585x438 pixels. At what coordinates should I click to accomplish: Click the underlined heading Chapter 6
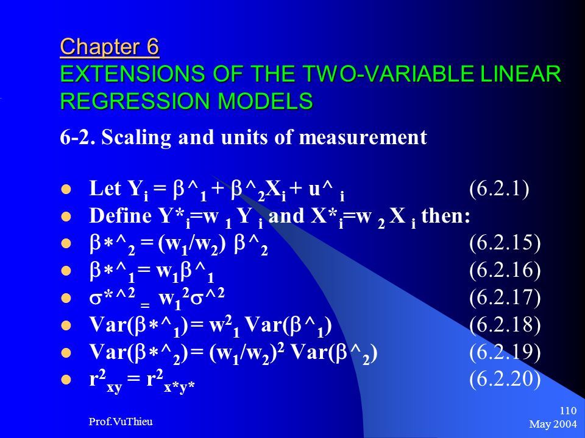[x=110, y=47]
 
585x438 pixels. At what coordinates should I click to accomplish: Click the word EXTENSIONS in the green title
[x=132, y=74]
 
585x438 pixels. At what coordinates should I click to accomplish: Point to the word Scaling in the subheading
[x=136, y=138]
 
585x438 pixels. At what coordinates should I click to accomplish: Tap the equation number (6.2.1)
[x=499, y=189]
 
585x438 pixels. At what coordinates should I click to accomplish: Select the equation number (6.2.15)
[x=505, y=243]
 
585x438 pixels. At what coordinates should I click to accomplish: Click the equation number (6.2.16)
[x=505, y=270]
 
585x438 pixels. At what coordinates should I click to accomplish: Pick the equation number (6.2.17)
[x=505, y=297]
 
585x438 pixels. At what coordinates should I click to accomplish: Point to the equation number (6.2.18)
[x=505, y=324]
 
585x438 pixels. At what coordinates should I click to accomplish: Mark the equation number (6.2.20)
[x=505, y=379]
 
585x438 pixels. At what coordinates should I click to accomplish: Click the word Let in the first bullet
[x=105, y=189]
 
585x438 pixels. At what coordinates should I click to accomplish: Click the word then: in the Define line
[x=445, y=216]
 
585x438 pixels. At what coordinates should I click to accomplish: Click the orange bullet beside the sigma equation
[x=66, y=298]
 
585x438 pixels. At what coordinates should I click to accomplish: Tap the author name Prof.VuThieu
[x=121, y=422]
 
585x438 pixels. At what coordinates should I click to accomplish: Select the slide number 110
[x=568, y=411]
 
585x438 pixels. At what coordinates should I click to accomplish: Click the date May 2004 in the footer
[x=553, y=424]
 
